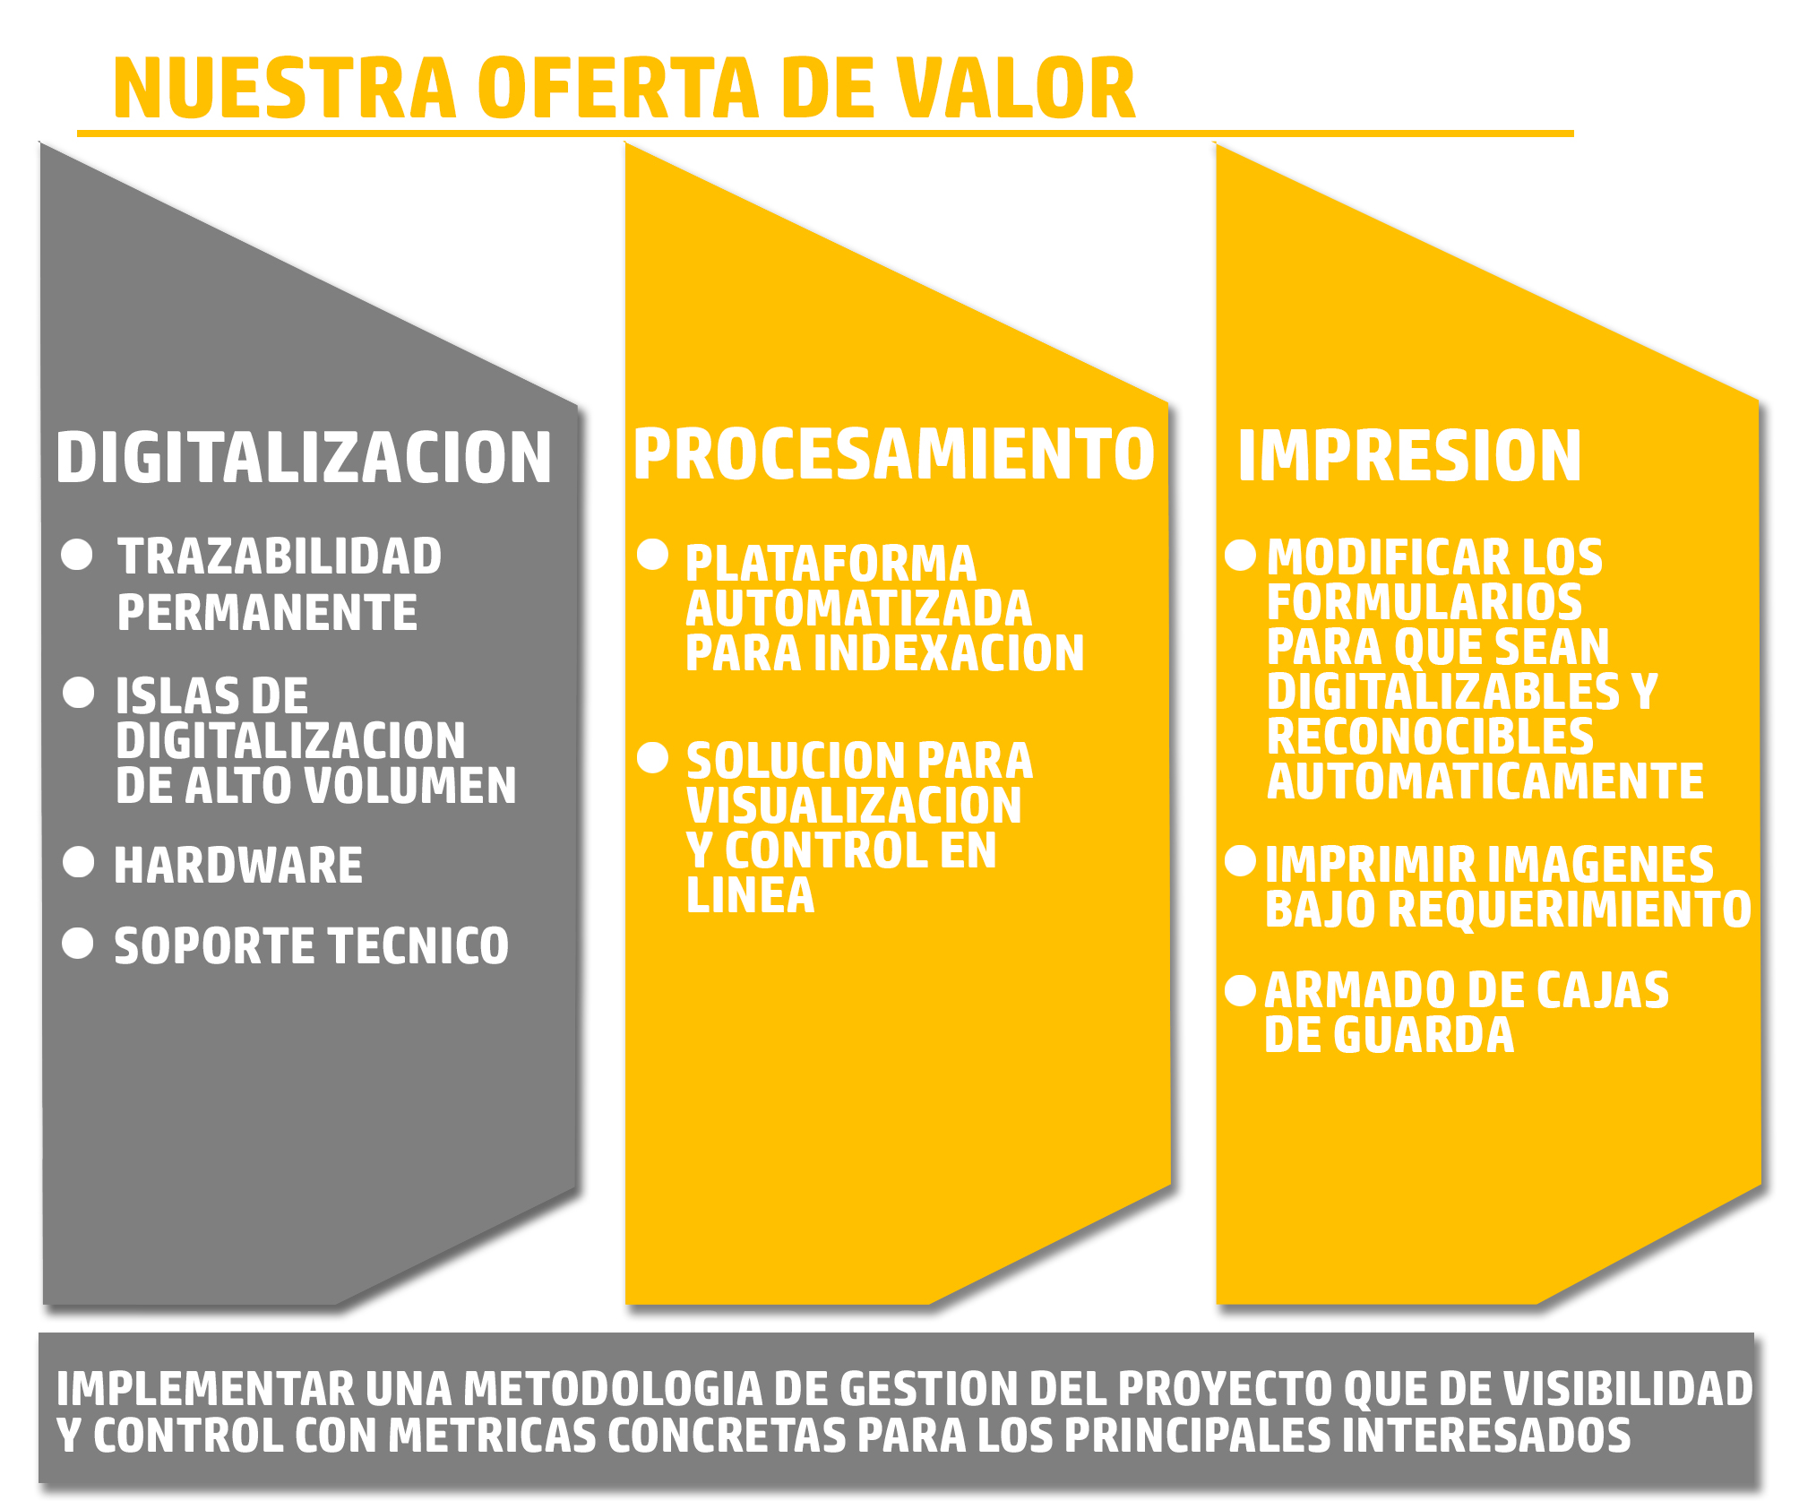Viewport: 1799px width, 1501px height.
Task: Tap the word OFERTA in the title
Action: point(619,88)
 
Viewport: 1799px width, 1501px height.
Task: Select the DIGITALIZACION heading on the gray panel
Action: point(304,457)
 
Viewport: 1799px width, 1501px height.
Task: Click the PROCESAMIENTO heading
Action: point(894,453)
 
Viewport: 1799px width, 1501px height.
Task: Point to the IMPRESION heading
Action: point(1409,455)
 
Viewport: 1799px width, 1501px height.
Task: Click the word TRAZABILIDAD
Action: point(280,556)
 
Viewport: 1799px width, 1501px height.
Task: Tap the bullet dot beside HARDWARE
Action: point(79,862)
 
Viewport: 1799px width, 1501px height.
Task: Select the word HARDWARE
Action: point(238,866)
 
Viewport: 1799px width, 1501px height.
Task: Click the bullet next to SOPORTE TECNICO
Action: point(78,943)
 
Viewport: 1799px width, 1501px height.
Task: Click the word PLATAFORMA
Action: point(831,564)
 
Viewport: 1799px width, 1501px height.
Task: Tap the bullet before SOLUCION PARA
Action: point(653,758)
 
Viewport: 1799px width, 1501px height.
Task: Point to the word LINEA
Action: point(751,895)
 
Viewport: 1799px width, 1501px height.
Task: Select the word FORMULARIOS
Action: point(1425,602)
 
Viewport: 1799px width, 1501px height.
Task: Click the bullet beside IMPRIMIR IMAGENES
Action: point(1241,860)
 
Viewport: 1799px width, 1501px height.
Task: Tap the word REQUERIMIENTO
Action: point(1570,909)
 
